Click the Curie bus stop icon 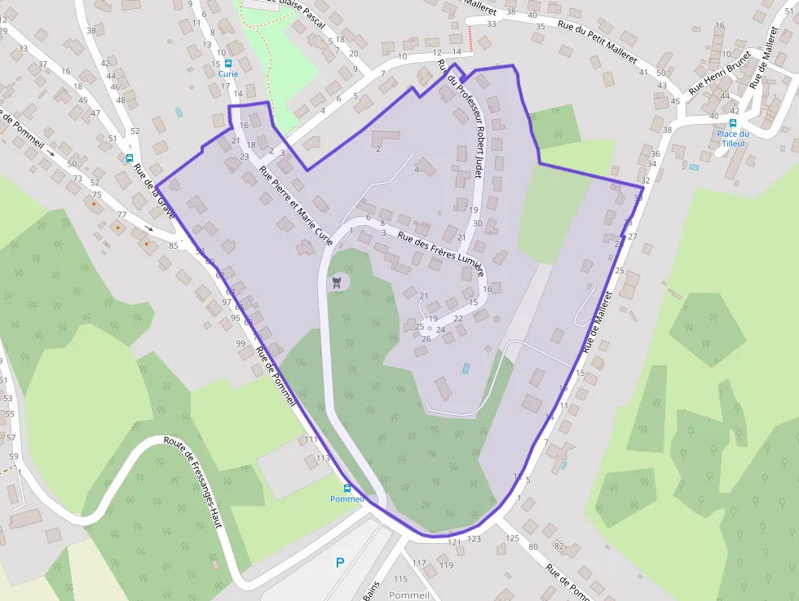click(227, 63)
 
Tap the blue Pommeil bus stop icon click(347, 488)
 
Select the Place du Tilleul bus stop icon click(733, 123)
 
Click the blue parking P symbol click(340, 562)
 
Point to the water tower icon click(336, 283)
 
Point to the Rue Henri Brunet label click(718, 72)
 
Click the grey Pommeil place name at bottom click(409, 595)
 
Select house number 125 click(512, 538)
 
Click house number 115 click(399, 579)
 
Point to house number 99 click(241, 343)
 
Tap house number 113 click(324, 457)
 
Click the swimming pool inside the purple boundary click(466, 368)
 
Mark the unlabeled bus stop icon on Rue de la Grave click(129, 158)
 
